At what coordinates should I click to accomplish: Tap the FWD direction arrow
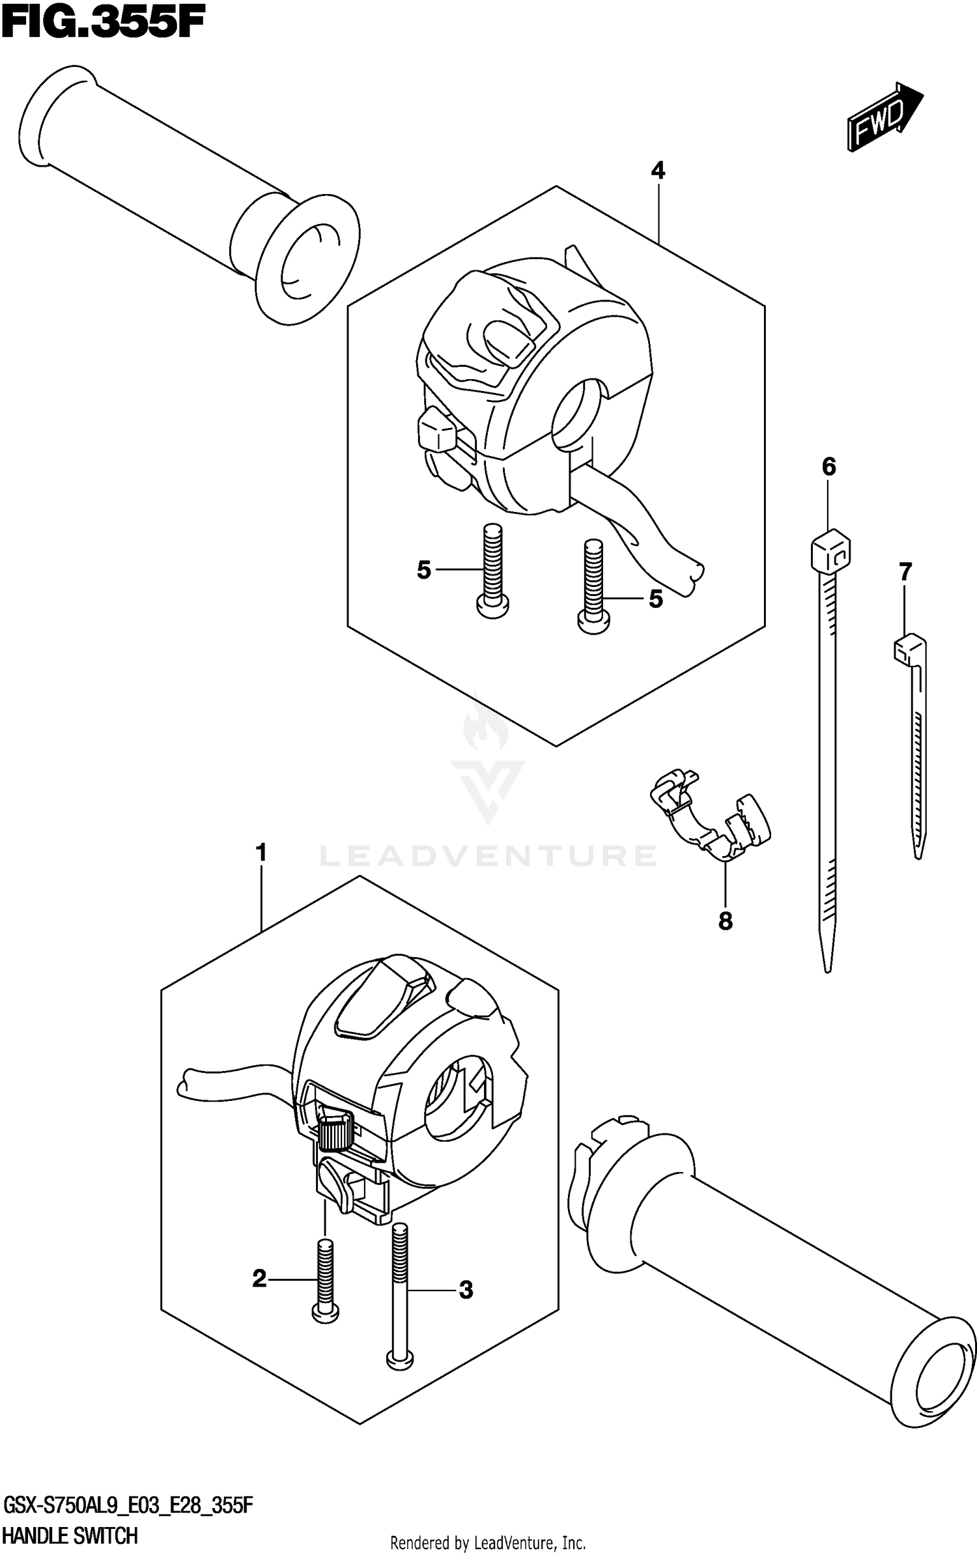[885, 117]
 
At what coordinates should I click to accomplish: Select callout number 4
[658, 171]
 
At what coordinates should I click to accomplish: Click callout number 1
[261, 853]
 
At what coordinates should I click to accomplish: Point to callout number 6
[828, 466]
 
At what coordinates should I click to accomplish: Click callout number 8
[726, 921]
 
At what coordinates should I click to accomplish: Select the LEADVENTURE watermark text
[488, 855]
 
